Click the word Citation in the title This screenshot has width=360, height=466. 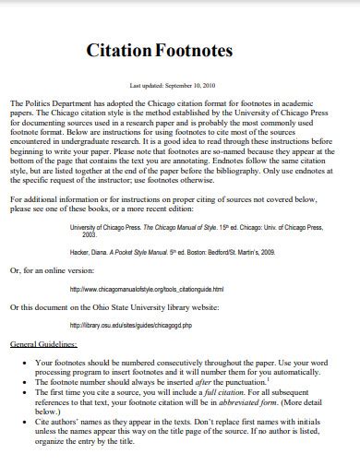click(x=120, y=51)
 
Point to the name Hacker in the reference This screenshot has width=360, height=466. click(x=82, y=250)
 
